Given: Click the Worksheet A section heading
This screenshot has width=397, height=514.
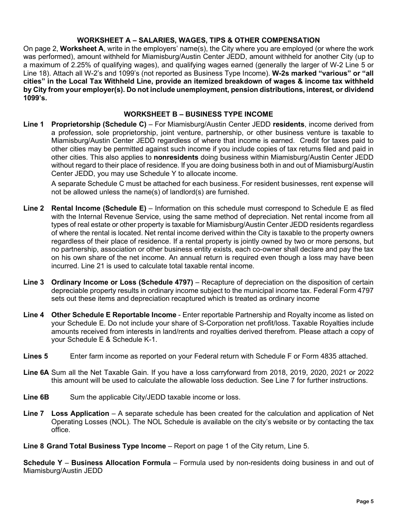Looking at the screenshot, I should [x=198, y=40].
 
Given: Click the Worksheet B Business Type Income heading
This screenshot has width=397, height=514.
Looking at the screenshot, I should [x=198, y=114].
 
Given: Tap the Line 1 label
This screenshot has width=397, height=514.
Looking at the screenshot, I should [x=33, y=125].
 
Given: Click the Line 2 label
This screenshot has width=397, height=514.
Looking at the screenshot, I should [x=33, y=208].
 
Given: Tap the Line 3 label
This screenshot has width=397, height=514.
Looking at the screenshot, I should [x=33, y=282].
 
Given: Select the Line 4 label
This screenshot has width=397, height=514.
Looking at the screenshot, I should [x=33, y=315].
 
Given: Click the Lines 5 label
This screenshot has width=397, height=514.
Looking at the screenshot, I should [x=36, y=356].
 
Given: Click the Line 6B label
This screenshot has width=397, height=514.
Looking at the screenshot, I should [x=36, y=397].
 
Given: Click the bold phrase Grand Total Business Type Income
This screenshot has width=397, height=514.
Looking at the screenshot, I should [x=106, y=446].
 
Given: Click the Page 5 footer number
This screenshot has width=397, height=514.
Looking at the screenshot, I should [x=364, y=502].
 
